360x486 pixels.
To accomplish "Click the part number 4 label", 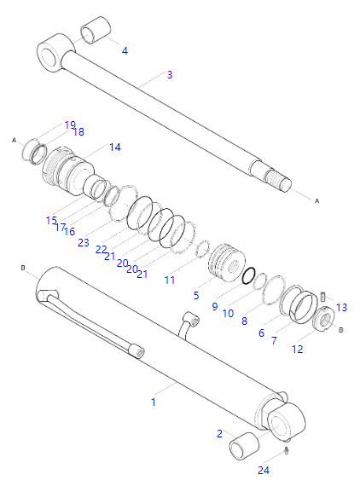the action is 125,50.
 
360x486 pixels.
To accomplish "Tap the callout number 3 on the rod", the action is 170,74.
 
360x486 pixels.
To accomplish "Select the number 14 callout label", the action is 114,147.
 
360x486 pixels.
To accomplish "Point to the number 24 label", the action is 264,470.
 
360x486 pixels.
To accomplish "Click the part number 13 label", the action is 341,307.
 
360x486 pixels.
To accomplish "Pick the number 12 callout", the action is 297,350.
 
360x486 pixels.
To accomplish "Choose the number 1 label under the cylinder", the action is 154,402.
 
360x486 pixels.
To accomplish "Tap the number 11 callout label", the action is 170,280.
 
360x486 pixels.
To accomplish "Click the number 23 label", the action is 84,242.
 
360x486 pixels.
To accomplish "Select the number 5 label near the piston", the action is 196,295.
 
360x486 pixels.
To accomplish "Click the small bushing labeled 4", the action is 96,30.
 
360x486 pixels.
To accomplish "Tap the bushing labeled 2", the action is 244,446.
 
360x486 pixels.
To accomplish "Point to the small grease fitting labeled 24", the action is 287,451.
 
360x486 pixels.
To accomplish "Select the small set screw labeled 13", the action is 323,297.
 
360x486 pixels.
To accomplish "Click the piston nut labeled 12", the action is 323,319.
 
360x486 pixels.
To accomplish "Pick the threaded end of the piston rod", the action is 278,180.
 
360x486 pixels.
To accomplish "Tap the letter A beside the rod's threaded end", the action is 316,201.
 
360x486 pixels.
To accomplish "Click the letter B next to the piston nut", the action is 340,330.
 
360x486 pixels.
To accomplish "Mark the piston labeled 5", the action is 227,263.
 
